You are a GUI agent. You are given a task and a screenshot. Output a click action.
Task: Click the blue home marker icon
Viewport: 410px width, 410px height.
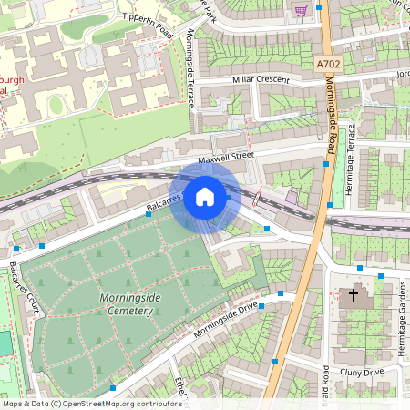(x=205, y=197)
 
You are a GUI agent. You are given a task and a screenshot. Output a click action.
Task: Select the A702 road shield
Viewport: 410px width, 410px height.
(x=329, y=65)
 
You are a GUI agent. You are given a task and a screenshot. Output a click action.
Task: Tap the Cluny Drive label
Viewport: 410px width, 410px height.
(x=363, y=372)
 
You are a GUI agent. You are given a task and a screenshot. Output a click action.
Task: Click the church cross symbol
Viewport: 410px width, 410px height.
(x=354, y=295)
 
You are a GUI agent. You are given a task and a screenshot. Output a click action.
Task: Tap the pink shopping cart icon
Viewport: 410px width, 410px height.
(x=300, y=10)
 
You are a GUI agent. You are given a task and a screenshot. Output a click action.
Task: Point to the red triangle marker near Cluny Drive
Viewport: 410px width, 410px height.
(x=272, y=362)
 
